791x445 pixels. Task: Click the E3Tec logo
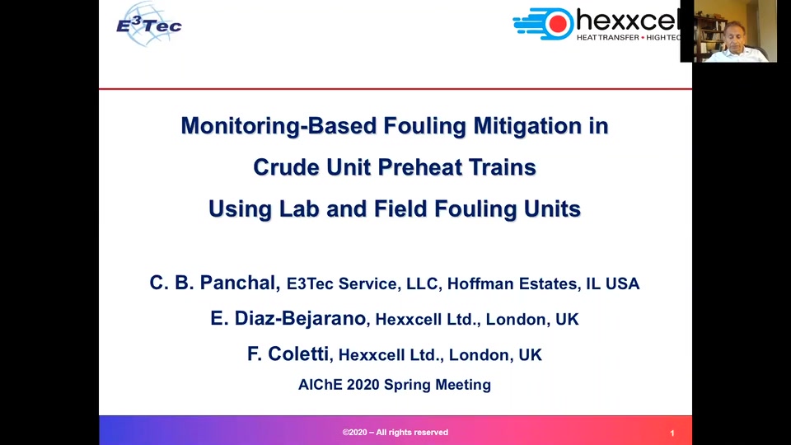click(149, 24)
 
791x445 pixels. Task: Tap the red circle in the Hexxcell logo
click(558, 24)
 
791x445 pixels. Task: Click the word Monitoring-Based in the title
click(278, 125)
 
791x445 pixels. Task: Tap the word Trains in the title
click(503, 167)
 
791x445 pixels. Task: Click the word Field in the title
click(400, 208)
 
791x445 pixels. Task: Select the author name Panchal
click(240, 283)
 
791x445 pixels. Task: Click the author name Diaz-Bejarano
click(300, 318)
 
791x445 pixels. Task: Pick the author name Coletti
click(298, 354)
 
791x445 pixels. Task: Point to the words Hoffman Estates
click(512, 283)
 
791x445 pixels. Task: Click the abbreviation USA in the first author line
click(623, 283)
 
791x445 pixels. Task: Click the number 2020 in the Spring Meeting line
click(363, 385)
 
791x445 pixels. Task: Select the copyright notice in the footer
click(395, 433)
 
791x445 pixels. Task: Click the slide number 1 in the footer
click(672, 433)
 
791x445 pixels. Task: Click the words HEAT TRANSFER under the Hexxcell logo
click(608, 38)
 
